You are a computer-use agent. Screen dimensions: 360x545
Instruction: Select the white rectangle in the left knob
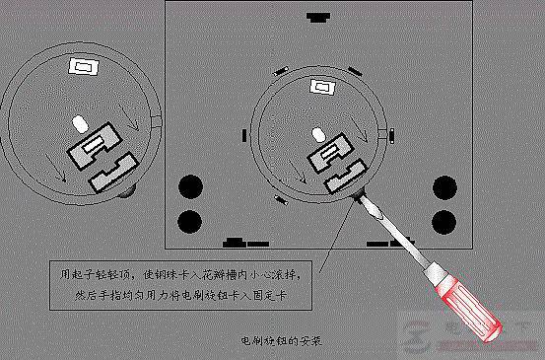82,68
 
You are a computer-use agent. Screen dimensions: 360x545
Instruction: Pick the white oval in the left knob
79,127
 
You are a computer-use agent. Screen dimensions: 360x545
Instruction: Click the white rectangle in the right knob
321,87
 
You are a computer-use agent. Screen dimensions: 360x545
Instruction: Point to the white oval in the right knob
318,134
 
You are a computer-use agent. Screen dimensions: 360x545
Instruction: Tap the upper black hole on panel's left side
188,184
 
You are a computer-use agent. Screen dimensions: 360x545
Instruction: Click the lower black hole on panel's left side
188,221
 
